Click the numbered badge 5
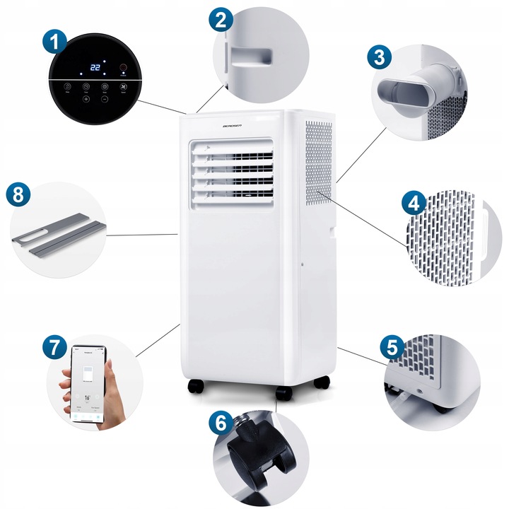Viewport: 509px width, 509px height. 393,347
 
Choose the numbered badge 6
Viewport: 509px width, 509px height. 221,423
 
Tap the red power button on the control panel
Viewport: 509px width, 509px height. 124,69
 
